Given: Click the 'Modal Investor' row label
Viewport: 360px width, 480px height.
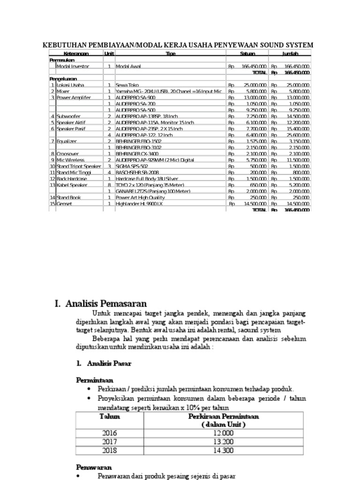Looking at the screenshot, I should (x=73, y=67).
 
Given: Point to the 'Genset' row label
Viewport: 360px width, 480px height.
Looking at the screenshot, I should (x=65, y=204).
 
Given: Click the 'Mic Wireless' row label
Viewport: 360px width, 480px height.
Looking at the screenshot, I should (x=70, y=160).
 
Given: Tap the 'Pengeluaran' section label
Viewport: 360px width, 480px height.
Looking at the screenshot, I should (x=63, y=79).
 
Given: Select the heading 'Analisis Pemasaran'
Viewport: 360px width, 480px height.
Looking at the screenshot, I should (x=107, y=303).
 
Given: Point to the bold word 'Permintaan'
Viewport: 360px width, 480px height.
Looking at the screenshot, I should (x=95, y=380).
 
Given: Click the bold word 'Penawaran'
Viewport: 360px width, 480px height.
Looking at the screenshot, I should (x=94, y=467).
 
